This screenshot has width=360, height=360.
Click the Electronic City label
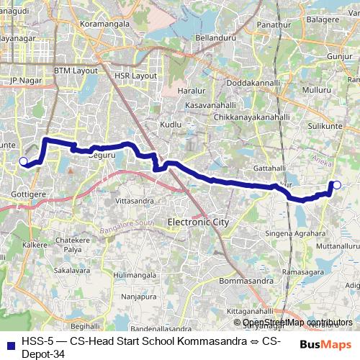tap(198, 222)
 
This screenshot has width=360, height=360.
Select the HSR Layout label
tap(135, 75)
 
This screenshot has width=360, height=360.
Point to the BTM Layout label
tap(76, 71)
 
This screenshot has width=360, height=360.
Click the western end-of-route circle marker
tap(23, 161)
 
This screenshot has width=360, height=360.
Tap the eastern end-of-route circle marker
tap(337, 185)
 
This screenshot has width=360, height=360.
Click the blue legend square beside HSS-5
tap(10, 345)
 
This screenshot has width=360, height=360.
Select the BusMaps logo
tap(326, 345)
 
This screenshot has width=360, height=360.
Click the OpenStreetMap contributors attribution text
tap(297, 323)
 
